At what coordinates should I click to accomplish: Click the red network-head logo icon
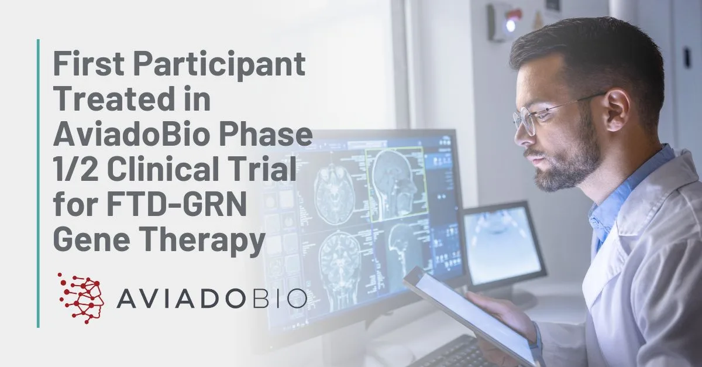click(x=81, y=298)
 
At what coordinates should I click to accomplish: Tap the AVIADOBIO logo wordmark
click(x=211, y=299)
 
